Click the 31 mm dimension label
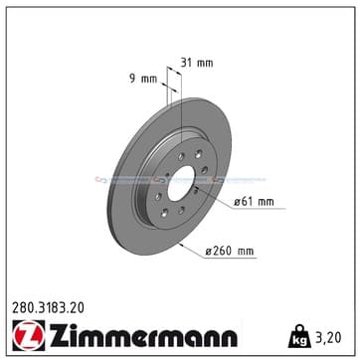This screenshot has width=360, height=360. [197, 63]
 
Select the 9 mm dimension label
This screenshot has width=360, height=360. [143, 80]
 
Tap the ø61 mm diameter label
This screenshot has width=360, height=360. [254, 202]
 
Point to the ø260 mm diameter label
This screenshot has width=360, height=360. [230, 251]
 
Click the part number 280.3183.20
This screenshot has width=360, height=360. [48, 308]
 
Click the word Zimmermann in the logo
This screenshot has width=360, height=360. [143, 335]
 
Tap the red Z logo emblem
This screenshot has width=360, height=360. [28, 335]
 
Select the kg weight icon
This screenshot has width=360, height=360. [300, 336]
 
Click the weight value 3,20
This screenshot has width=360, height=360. [327, 337]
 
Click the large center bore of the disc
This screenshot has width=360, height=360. [181, 183]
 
